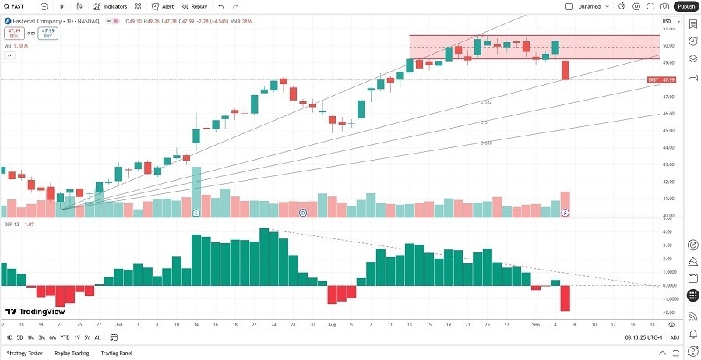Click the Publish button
[x=686, y=6]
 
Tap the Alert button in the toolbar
[x=164, y=6]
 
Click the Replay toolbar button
[x=196, y=6]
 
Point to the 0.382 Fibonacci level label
[x=486, y=102]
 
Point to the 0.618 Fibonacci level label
[x=486, y=143]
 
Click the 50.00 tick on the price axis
[x=668, y=46]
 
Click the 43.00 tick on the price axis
[x=668, y=165]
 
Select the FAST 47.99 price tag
[x=661, y=79]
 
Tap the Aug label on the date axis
[x=333, y=324]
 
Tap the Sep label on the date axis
[x=536, y=324]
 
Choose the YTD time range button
[x=64, y=337]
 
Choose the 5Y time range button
[x=87, y=337]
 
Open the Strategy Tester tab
[x=23, y=353]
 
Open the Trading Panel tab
[x=117, y=353]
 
